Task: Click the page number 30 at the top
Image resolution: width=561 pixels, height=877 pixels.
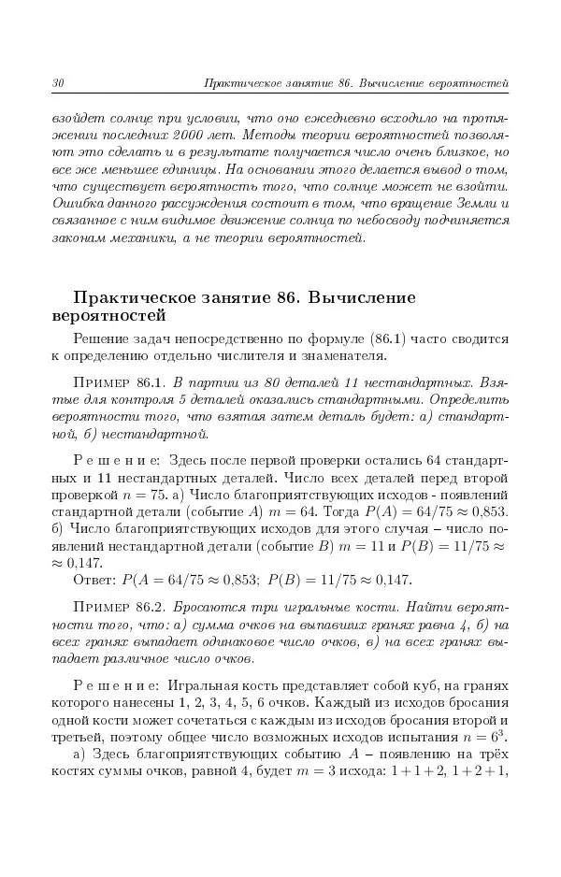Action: point(57,85)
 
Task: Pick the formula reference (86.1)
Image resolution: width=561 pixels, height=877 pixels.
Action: point(359,338)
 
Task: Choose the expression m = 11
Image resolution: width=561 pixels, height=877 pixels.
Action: point(361,546)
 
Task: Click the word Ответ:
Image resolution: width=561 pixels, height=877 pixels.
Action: point(94,580)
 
